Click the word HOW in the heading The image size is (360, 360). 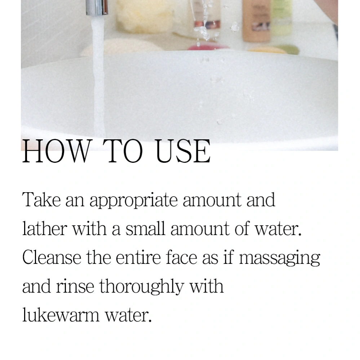(x=56, y=152)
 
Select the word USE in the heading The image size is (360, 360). (x=183, y=152)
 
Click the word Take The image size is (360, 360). (x=41, y=199)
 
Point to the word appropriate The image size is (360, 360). (x=134, y=201)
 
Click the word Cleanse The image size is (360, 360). (x=52, y=257)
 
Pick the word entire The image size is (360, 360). (x=138, y=257)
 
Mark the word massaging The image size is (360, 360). (x=280, y=259)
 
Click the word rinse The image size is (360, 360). (x=75, y=286)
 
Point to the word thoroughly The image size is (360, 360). (x=142, y=287)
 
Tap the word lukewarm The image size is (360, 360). (x=61, y=315)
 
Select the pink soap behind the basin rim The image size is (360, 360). (x=208, y=47)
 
